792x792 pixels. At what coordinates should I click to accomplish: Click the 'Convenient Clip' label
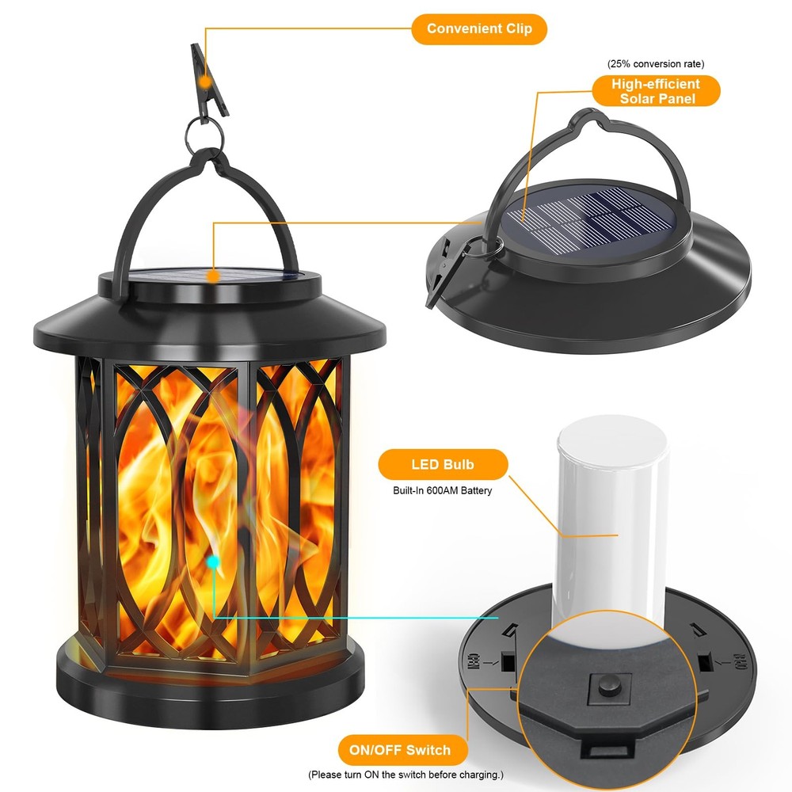(479, 29)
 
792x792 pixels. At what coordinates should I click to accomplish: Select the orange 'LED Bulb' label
(431, 464)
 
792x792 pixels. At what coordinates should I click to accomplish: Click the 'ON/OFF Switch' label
(405, 750)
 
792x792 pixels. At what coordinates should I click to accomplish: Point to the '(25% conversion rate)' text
(656, 63)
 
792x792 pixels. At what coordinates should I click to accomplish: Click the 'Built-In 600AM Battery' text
(443, 491)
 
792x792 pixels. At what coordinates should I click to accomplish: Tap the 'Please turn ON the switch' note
(405, 775)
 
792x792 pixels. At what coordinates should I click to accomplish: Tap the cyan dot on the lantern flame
(212, 562)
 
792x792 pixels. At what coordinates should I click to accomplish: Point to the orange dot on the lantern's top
(212, 276)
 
